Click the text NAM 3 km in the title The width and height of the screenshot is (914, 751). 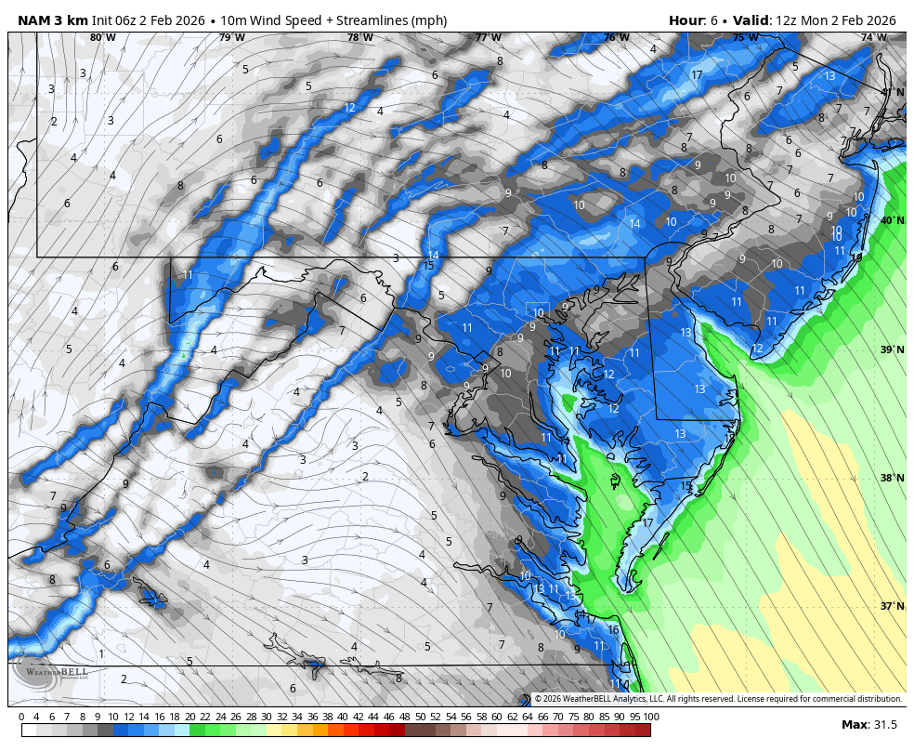(52, 20)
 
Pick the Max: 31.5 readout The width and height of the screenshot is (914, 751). (868, 725)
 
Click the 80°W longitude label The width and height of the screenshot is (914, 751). (103, 38)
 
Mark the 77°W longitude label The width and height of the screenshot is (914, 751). (488, 38)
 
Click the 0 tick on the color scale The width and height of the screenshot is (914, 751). (21, 717)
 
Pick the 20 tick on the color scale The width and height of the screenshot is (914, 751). (189, 717)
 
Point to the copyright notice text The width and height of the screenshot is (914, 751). (717, 699)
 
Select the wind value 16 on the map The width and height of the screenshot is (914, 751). (613, 629)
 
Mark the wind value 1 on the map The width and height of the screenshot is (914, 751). (101, 653)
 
